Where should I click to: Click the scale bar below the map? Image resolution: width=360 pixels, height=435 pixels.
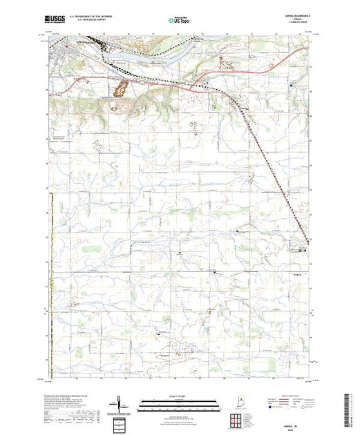(x=180, y=401)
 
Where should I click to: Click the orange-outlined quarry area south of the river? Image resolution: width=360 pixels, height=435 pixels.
(x=120, y=88)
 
